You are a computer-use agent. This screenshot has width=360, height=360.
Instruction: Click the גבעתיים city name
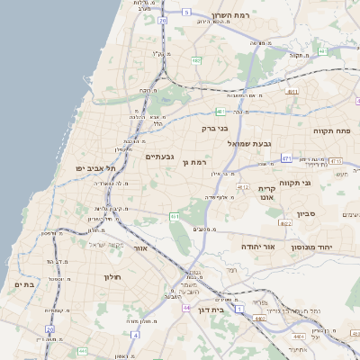point(159,157)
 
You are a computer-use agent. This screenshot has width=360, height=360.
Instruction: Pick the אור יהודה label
point(257,245)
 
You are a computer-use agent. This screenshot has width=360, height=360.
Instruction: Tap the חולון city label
point(112,276)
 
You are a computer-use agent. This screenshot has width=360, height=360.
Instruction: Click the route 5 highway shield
point(186,12)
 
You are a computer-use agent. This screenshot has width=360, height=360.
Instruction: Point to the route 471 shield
point(285,158)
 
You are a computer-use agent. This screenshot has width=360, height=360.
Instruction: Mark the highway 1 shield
point(239,310)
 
